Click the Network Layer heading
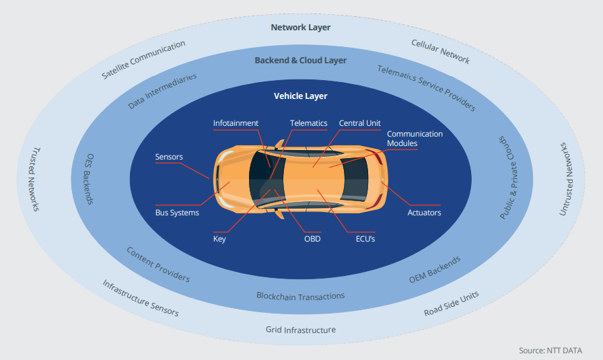(300, 28)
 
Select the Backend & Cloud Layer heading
(300, 61)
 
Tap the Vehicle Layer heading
(300, 96)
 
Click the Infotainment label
(236, 123)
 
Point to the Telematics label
(308, 123)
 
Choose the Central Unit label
(359, 123)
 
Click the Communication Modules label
(415, 139)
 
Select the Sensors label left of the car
(169, 157)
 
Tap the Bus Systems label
(177, 213)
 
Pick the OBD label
(312, 239)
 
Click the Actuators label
(424, 213)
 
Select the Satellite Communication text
(143, 60)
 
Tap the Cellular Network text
(441, 52)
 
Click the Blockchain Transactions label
(300, 295)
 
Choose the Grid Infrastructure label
(300, 330)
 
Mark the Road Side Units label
(452, 303)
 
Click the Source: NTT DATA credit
(551, 351)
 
